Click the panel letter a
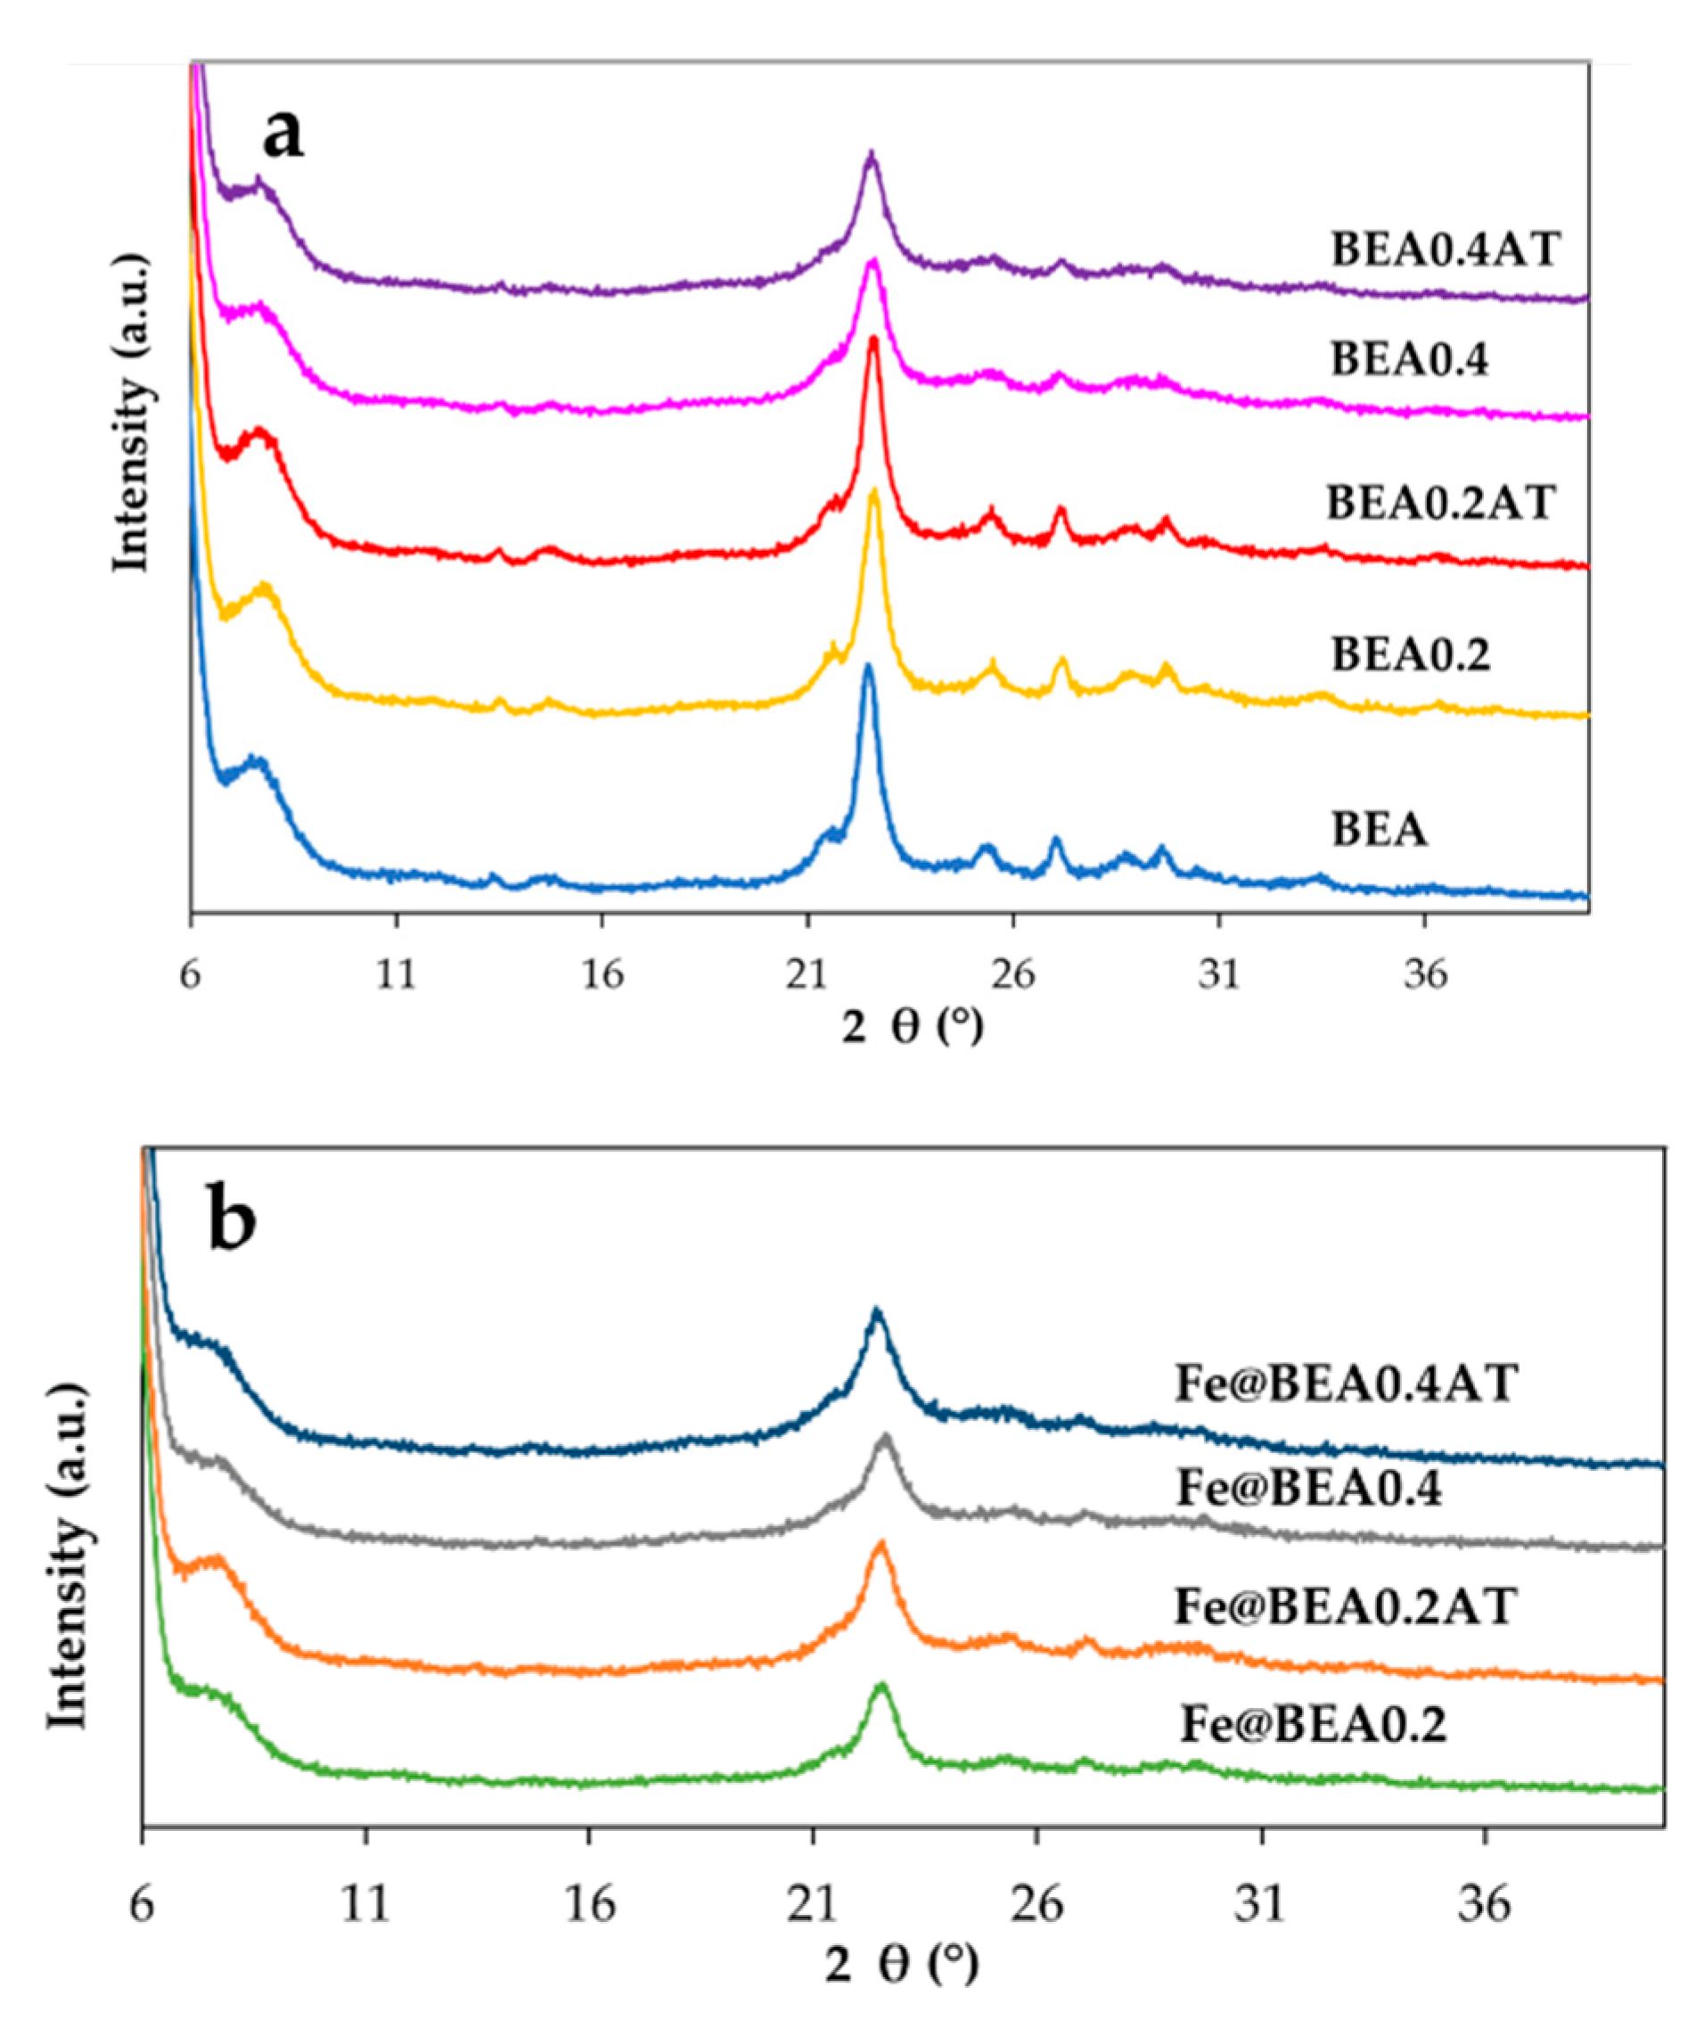[283, 135]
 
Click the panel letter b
[233, 1219]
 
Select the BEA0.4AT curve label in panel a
[1446, 250]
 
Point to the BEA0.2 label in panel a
[1410, 655]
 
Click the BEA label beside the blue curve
[1380, 830]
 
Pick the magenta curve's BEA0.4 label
[1410, 360]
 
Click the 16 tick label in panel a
[601, 976]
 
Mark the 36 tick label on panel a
[1425, 976]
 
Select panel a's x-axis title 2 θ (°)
[912, 1027]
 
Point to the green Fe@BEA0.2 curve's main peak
[882, 1682]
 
